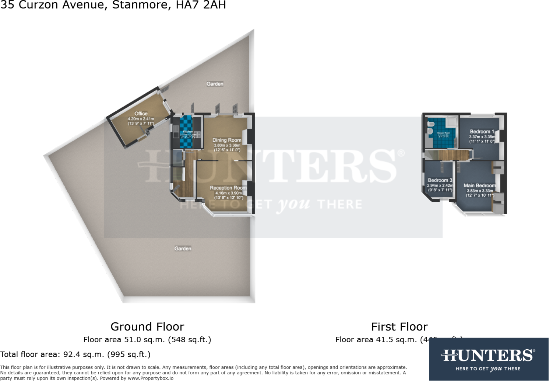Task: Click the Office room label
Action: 141,114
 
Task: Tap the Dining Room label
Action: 226,140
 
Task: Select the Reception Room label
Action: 228,188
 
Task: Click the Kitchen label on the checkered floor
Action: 188,132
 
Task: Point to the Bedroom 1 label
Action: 482,131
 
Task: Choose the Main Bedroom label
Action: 479,186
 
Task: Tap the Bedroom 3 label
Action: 440,180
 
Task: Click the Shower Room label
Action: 443,133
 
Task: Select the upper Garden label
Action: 215,84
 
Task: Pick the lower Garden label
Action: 183,249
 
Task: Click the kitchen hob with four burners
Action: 197,134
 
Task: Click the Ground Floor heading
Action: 147,327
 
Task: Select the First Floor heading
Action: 399,327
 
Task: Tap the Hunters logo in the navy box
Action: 488,356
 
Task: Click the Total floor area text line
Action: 75,354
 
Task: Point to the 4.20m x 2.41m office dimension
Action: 141,119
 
